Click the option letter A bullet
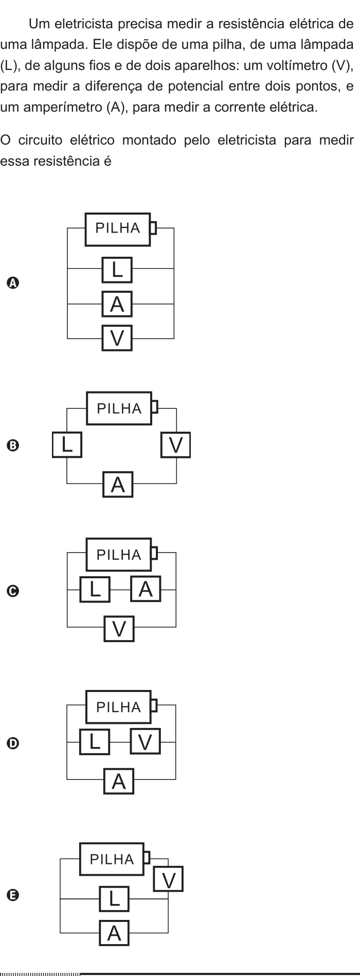13,282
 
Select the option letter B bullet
13,446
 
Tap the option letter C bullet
13,591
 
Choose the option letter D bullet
13,743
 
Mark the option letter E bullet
13,895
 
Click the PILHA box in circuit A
117,229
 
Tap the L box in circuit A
117,270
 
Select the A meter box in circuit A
117,304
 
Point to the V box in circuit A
117,338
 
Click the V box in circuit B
176,445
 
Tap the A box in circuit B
118,484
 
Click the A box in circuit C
146,589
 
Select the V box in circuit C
119,629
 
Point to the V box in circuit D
146,741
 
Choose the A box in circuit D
119,781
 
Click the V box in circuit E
168,879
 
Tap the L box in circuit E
114,899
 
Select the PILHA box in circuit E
112,859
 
